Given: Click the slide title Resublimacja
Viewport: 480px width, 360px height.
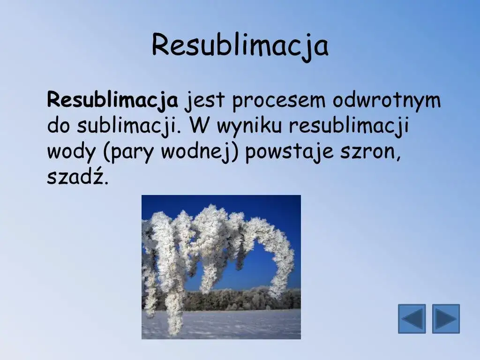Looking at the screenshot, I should (240, 46).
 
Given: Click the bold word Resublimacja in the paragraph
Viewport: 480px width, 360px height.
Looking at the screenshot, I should (112, 100).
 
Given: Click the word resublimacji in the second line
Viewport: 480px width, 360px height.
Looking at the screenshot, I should (353, 127).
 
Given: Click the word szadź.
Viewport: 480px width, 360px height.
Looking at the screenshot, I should (77, 178).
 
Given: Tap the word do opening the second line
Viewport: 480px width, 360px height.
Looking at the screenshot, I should (59, 127).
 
